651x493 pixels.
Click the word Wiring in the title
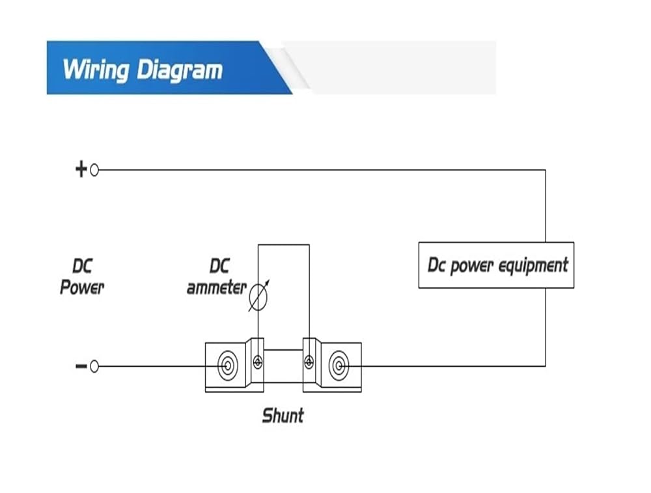(x=96, y=69)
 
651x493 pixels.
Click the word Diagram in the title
(x=180, y=69)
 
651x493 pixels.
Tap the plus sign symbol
(x=81, y=169)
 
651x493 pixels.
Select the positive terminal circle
(x=94, y=170)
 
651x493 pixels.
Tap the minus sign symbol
(x=81, y=366)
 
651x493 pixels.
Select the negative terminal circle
(x=94, y=367)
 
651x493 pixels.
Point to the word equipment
(x=533, y=266)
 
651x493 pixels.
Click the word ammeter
(x=216, y=287)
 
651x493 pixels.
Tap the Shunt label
(x=283, y=416)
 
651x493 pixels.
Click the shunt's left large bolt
(x=227, y=366)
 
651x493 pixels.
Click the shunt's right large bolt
(x=339, y=366)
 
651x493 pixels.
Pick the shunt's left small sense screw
(x=258, y=362)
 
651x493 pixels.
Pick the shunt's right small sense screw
(x=309, y=362)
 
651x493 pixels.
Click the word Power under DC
(x=82, y=287)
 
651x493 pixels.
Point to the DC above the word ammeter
(x=219, y=266)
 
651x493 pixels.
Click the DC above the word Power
(x=82, y=266)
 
